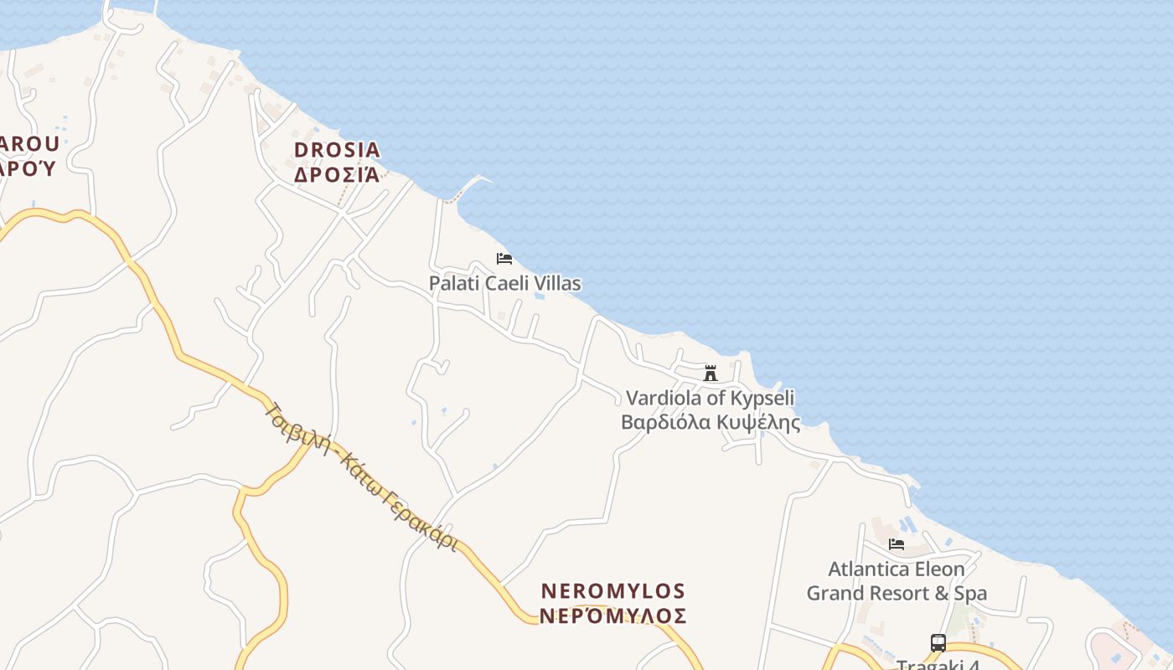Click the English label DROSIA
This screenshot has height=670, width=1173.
coord(337,150)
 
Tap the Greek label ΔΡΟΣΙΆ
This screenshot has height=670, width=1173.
coord(337,174)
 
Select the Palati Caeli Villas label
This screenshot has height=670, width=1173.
coord(504,283)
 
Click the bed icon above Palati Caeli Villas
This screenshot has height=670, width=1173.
coord(504,259)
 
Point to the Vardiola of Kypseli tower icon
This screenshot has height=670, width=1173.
coord(711,373)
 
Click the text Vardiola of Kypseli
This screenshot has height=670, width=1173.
coord(711,398)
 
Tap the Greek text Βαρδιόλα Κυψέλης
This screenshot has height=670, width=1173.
coord(711,422)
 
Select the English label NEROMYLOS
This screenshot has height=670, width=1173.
coord(613,591)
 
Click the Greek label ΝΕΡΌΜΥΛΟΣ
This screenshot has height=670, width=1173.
coord(613,616)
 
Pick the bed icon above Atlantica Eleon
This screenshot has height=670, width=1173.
coord(897,544)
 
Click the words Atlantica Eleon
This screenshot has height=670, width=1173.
coord(897,569)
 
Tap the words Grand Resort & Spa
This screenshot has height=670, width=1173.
coord(897,594)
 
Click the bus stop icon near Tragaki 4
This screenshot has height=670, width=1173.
coord(938,643)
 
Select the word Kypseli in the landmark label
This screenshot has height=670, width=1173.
coord(762,398)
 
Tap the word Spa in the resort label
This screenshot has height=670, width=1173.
coord(971,594)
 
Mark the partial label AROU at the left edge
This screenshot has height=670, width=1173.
coord(28,144)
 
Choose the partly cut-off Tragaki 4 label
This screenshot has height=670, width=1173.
coord(938,665)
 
